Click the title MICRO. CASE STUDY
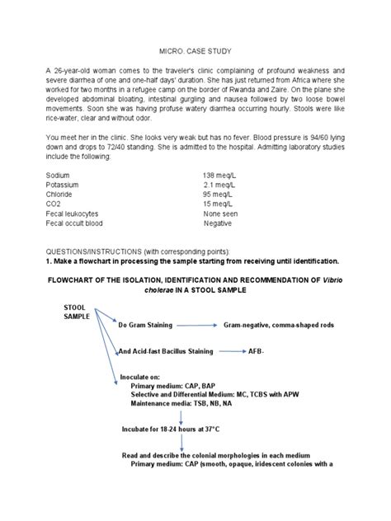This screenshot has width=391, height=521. (x=195, y=49)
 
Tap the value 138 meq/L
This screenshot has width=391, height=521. (x=221, y=176)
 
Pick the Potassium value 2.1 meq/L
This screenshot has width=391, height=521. (x=221, y=188)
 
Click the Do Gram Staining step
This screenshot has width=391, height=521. (x=146, y=325)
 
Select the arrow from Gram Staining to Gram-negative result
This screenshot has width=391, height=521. (x=196, y=325)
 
